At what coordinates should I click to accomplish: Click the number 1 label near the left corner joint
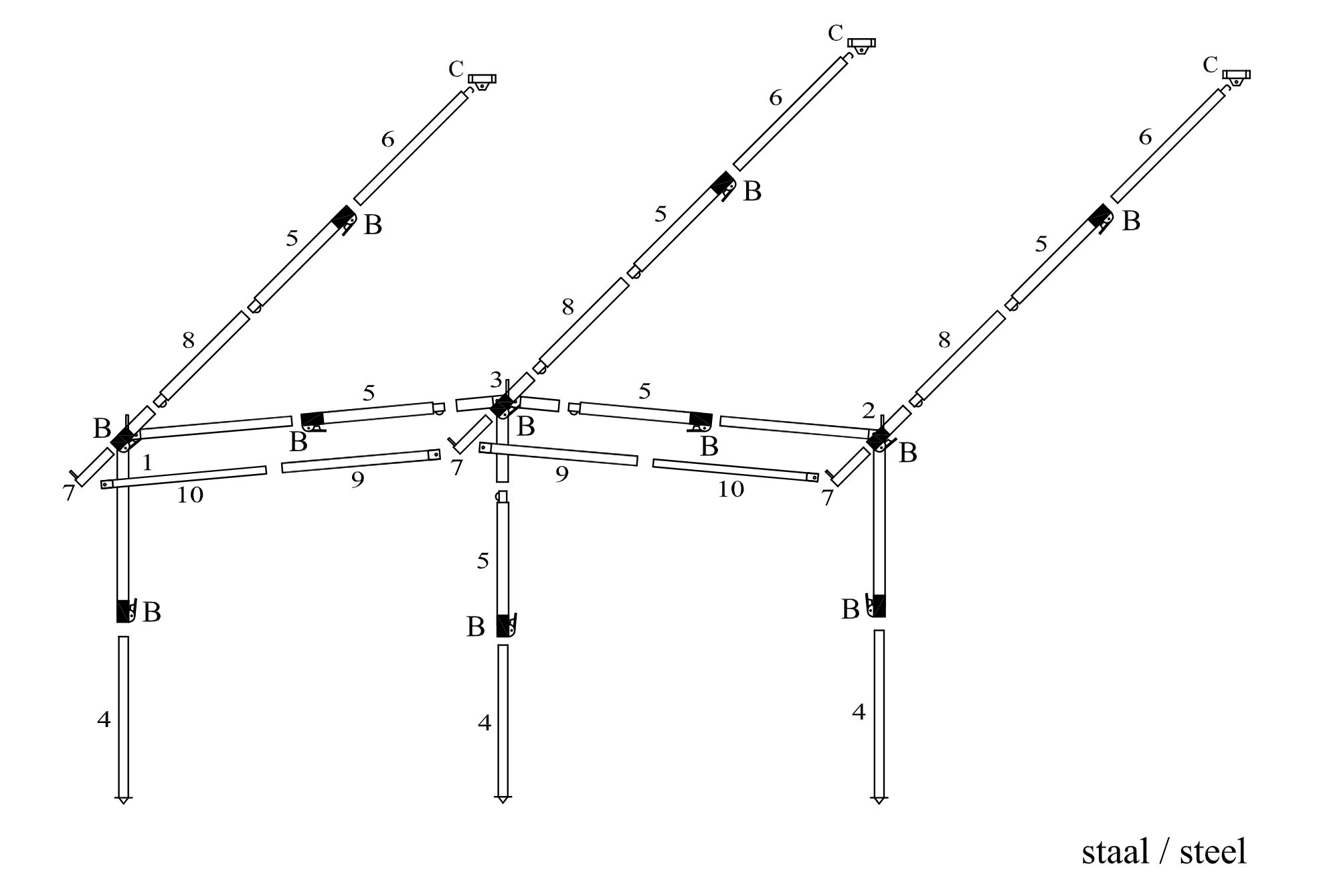tap(148, 462)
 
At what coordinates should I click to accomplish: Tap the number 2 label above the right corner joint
tap(869, 410)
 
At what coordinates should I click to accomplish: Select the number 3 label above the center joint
tap(496, 380)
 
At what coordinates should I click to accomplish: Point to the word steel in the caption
tap(1213, 852)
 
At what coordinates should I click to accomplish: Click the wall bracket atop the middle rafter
tap(861, 46)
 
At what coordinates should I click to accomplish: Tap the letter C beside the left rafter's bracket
tap(456, 69)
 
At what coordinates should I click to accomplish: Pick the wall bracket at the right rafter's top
tap(1237, 76)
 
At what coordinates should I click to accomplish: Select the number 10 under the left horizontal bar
tap(190, 495)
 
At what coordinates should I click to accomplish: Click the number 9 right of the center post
tap(562, 474)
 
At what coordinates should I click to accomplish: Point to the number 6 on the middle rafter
tap(776, 98)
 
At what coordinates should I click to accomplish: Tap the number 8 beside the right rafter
tap(944, 340)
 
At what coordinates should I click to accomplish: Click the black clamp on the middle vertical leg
tap(504, 625)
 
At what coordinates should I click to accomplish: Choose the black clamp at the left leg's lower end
tap(124, 611)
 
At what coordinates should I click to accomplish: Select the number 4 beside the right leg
tap(859, 712)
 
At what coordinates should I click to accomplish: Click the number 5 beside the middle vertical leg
tap(483, 561)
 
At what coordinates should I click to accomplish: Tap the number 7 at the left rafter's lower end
tap(69, 493)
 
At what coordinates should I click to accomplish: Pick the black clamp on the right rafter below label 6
tap(1100, 216)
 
